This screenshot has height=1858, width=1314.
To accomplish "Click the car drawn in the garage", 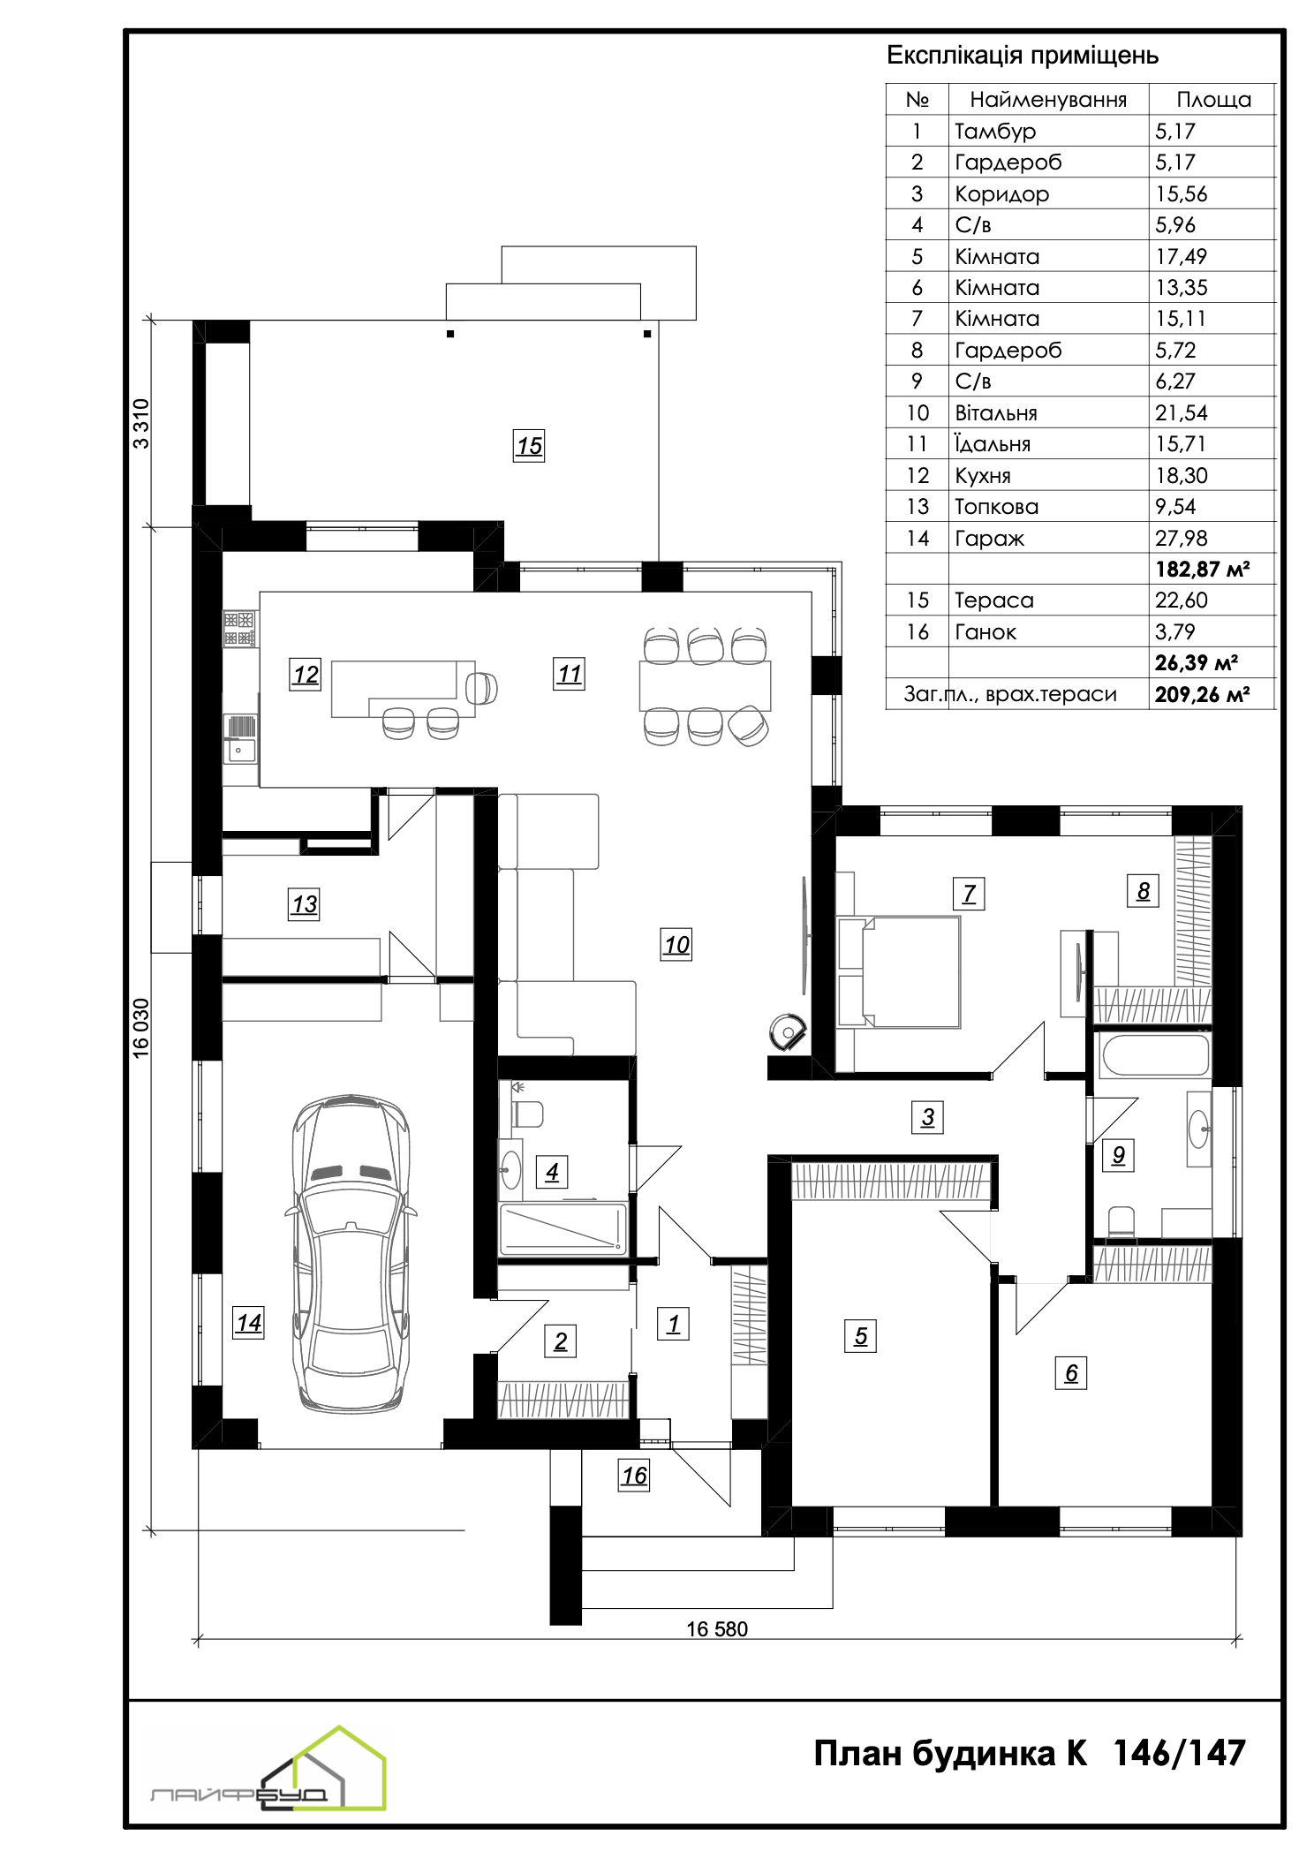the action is pyautogui.click(x=351, y=1254).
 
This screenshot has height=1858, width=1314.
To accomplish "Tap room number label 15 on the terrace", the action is pyautogui.click(x=529, y=446).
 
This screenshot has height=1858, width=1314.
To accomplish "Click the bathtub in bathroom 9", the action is pyautogui.click(x=1154, y=1055).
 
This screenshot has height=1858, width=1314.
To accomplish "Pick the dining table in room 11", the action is pyautogui.click(x=705, y=685).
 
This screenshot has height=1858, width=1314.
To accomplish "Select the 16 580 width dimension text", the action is pyautogui.click(x=717, y=1629).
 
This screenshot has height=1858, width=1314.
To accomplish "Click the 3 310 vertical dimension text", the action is pyautogui.click(x=141, y=424).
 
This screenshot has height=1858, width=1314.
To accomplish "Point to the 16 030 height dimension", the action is pyautogui.click(x=141, y=1027).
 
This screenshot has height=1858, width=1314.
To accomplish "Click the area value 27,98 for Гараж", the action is pyautogui.click(x=1181, y=538).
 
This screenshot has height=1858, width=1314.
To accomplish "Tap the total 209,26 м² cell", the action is pyautogui.click(x=1202, y=694).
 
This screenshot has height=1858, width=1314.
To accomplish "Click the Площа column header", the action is pyautogui.click(x=1214, y=100).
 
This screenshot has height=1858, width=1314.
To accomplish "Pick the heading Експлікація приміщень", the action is pyautogui.click(x=1023, y=56).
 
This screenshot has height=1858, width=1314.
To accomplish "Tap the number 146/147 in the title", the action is pyautogui.click(x=1179, y=1753).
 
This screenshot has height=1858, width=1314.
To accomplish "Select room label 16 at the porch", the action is pyautogui.click(x=634, y=1476).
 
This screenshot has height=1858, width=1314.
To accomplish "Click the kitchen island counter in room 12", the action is pyautogui.click(x=403, y=688).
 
